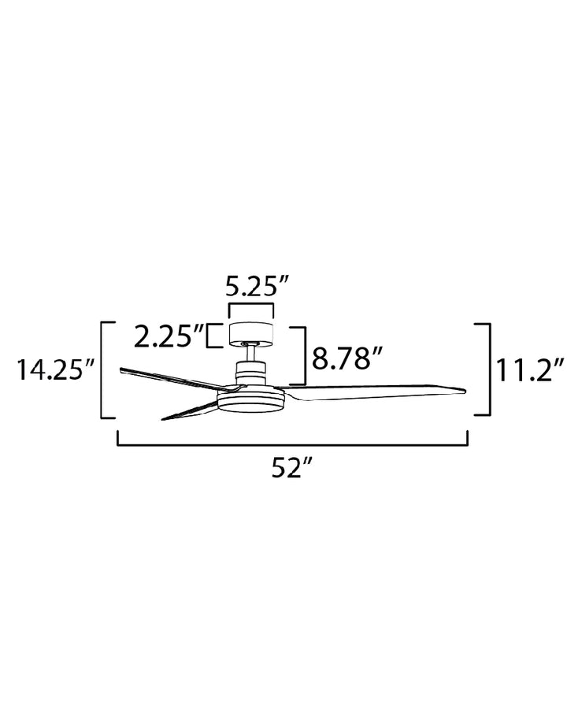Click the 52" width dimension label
coord(292,468)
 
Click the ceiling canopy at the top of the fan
coord(251,333)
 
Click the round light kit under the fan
coord(251,399)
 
